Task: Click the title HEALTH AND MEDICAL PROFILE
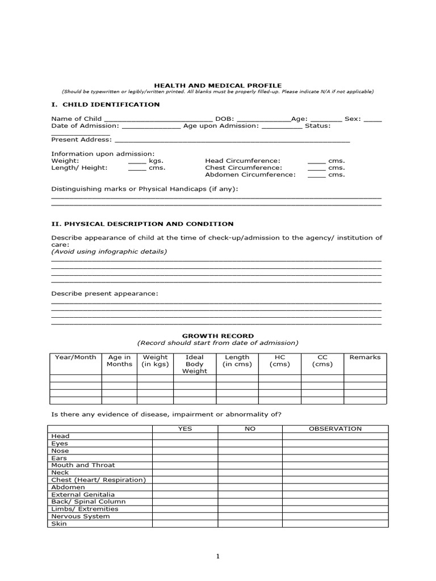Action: click(218, 85)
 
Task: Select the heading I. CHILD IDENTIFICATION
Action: click(106, 104)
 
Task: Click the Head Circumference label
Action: click(242, 161)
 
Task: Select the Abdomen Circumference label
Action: click(250, 175)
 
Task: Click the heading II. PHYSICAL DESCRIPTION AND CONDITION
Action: click(142, 224)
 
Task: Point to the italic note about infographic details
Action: click(109, 251)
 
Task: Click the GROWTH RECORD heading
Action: click(218, 336)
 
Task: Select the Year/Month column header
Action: click(76, 357)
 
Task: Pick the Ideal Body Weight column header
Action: click(195, 364)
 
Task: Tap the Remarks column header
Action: click(365, 357)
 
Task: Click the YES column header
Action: click(185, 429)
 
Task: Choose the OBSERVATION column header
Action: click(335, 429)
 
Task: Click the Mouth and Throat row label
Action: click(83, 465)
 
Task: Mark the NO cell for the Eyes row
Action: click(250, 443)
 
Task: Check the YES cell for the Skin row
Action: click(185, 524)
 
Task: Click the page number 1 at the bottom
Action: click(218, 557)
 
